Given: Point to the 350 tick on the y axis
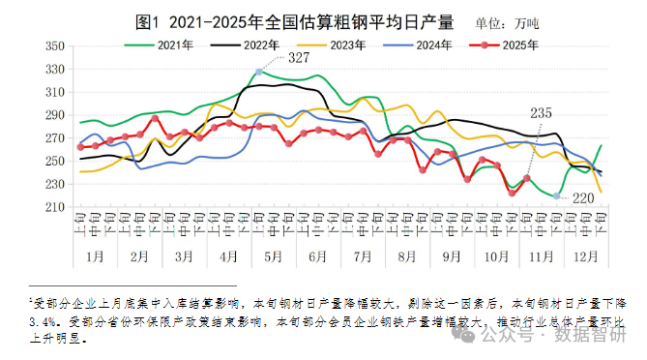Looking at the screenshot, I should pyautogui.click(x=55, y=45).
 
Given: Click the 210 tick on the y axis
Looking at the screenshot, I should pyautogui.click(x=55, y=207).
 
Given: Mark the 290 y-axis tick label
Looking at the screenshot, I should pyautogui.click(x=55, y=115).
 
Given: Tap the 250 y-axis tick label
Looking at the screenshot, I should pyautogui.click(x=55, y=161).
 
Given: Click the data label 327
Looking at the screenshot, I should pyautogui.click(x=299, y=59).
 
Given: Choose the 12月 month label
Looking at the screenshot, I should pyautogui.click(x=585, y=256).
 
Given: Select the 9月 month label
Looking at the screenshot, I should pyautogui.click(x=452, y=256).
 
